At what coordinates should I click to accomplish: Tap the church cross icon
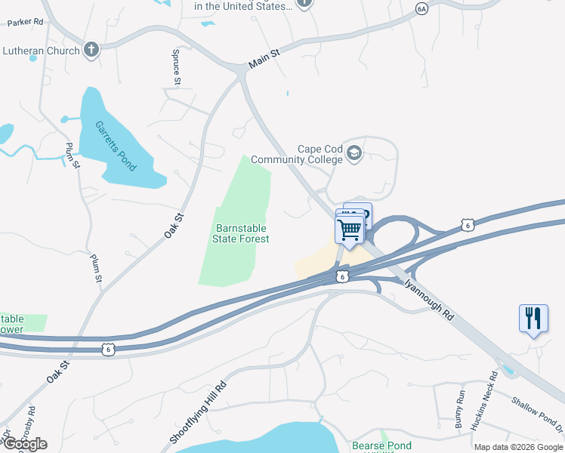tap(91, 51)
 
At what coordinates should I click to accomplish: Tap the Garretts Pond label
tap(116, 146)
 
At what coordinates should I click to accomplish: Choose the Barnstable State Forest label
tap(242, 233)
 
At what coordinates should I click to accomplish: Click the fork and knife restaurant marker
tap(533, 318)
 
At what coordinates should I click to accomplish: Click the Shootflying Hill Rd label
tap(198, 412)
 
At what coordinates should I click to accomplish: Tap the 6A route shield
tap(422, 8)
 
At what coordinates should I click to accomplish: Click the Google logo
tap(25, 444)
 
